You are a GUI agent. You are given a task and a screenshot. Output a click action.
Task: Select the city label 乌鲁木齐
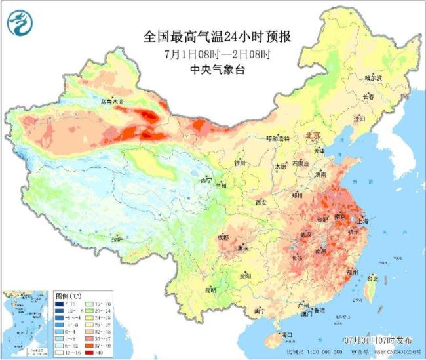tap(111, 102)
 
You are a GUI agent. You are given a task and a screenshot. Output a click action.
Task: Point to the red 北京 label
tap(314, 135)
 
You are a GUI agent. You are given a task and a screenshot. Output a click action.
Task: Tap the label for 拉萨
tap(118, 239)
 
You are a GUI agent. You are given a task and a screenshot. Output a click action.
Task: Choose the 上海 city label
tap(362, 222)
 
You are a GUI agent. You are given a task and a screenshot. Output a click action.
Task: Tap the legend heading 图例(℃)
tap(66, 296)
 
